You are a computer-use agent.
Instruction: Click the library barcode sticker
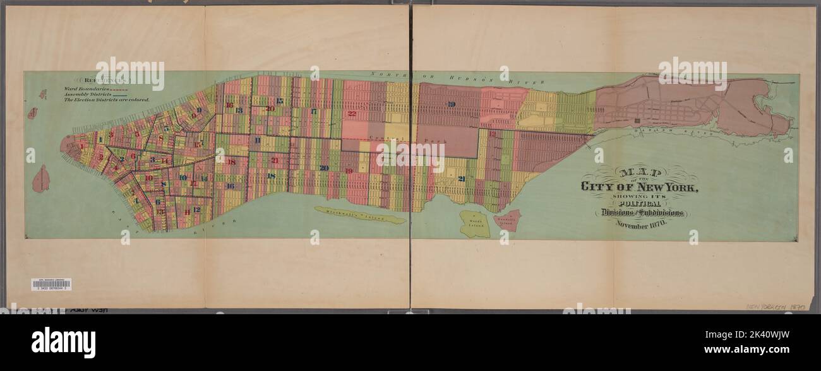coord(51,285)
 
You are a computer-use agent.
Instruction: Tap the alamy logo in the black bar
coord(63,343)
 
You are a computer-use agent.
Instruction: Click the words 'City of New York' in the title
coord(639,187)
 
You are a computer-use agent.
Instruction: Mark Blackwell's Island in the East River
coord(361,215)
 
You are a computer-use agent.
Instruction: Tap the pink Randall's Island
coord(507,220)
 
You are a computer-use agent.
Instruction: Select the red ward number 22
coord(352,114)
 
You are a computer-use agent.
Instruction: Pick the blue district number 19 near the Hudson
coord(450,104)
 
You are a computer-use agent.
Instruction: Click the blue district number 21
coord(462,179)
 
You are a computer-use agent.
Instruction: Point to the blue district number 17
coord(313,112)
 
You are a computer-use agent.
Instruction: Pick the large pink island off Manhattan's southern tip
coord(41,179)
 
